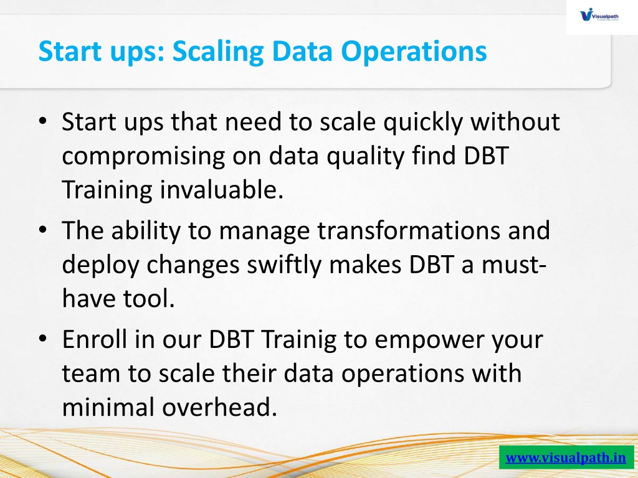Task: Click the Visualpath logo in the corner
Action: click(x=599, y=16)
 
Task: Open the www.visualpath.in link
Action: click(x=566, y=457)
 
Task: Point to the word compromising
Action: click(x=143, y=156)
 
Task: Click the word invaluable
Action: click(x=221, y=189)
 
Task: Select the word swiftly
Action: click(x=284, y=265)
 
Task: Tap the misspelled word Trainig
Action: click(x=299, y=340)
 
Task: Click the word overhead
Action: click(x=220, y=407)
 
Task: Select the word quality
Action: click(x=366, y=156)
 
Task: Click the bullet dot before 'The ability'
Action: click(x=43, y=230)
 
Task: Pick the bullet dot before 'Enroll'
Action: click(x=43, y=339)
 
